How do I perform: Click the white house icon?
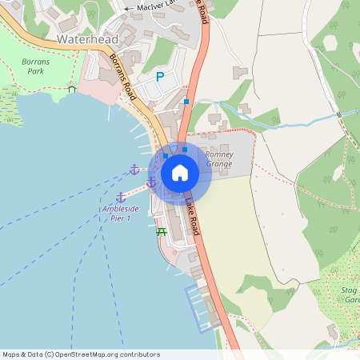(x=180, y=172)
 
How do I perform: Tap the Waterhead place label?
(x=87, y=39)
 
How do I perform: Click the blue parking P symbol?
(x=159, y=77)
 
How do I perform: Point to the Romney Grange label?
(x=218, y=159)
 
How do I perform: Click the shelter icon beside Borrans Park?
(x=72, y=88)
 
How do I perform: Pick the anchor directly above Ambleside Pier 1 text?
(x=121, y=197)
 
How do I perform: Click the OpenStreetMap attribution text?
(x=81, y=354)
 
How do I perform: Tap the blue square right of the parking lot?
(x=186, y=102)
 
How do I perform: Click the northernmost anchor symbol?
(x=134, y=169)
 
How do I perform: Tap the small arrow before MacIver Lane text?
(x=127, y=8)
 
